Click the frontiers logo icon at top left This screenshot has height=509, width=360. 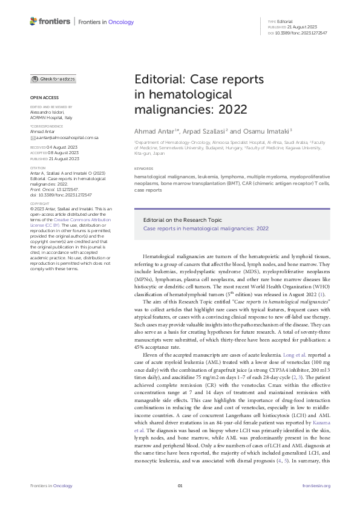(x=33, y=22)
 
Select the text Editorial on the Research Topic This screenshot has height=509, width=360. (x=175, y=220)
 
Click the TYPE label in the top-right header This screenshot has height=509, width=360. (x=271, y=21)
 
